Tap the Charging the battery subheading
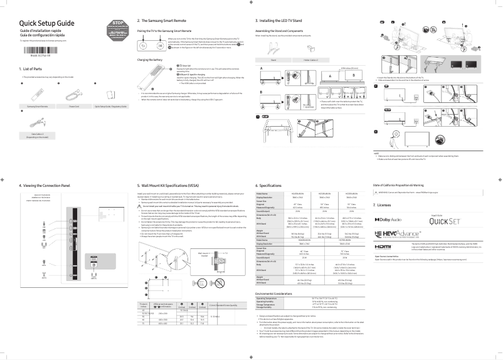coord(151,59)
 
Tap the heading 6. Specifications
coord(272,186)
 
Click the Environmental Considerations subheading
coord(280,292)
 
